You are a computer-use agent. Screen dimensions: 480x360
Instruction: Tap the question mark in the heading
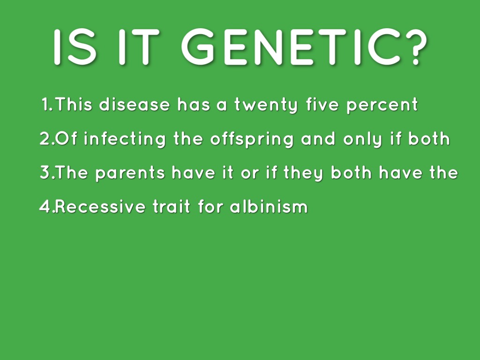[x=416, y=47]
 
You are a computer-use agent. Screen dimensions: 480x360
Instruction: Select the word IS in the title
[x=75, y=47]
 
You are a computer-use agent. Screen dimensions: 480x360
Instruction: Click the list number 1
[x=46, y=104]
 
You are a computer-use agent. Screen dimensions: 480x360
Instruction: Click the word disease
[x=135, y=104]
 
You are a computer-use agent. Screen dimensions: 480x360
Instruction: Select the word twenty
[x=266, y=105]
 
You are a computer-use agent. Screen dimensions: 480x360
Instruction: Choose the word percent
[x=382, y=105]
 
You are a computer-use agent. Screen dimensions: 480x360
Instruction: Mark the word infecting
[x=125, y=139]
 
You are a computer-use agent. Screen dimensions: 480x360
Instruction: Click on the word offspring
[x=252, y=139]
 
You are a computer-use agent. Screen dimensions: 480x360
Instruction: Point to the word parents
[x=130, y=173]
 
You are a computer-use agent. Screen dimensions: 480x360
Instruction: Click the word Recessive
[x=100, y=206]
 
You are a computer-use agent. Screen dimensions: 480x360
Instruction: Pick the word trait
[x=172, y=206]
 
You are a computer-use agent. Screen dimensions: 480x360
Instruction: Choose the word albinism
[x=269, y=206]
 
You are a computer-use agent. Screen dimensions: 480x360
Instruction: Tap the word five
[x=322, y=104]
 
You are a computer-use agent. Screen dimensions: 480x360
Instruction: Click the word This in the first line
[x=74, y=104]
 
